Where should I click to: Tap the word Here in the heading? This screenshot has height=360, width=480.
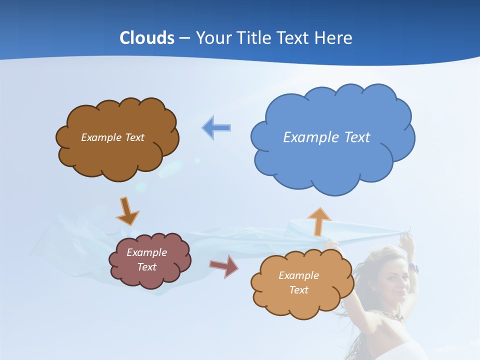coord(334,38)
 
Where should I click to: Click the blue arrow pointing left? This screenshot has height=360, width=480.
coord(216,127)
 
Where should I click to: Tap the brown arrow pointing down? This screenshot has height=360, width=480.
coord(127,211)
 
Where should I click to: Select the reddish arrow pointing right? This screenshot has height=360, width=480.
coord(223,266)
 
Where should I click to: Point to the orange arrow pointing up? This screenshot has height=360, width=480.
coord(318,221)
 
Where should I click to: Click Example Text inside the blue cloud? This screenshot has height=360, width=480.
coord(326,137)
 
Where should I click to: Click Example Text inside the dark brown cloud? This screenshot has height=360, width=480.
coord(112,137)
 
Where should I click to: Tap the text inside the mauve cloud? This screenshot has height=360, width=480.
coord(146,259)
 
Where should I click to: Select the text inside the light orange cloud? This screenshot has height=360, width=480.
coord(298,282)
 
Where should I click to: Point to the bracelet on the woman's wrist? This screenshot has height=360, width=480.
coord(412,267)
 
